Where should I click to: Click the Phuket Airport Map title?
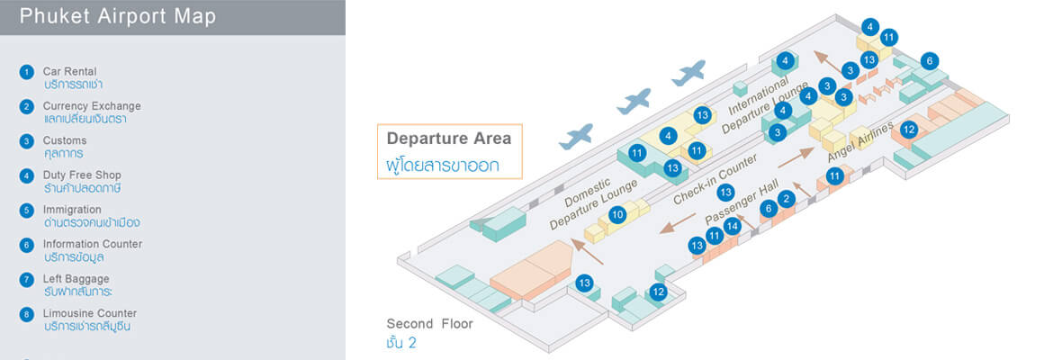click(117, 17)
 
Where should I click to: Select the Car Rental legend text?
click(70, 72)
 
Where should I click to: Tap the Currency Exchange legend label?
click(92, 106)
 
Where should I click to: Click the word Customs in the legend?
click(65, 140)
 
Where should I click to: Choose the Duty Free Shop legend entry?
click(82, 175)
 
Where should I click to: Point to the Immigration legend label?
click(72, 210)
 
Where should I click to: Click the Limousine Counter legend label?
click(90, 313)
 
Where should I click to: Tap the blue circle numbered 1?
click(27, 72)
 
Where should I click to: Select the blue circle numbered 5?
click(27, 211)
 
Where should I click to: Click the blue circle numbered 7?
click(27, 280)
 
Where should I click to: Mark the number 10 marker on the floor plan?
click(617, 215)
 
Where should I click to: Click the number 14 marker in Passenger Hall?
click(733, 227)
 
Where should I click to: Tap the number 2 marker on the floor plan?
click(787, 200)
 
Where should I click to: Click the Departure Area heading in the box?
click(449, 139)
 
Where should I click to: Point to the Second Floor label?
click(429, 324)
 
